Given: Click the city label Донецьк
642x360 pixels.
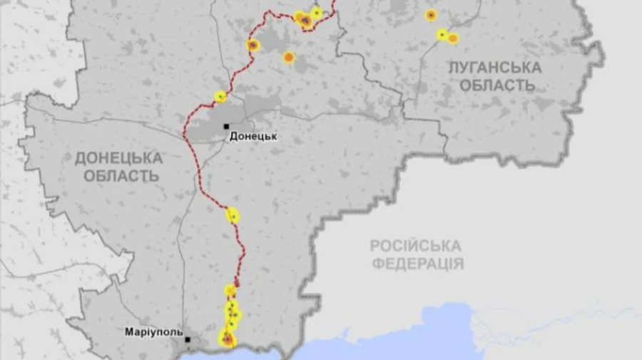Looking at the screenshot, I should click(x=253, y=136).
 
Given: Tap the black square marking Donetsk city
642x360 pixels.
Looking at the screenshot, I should click(x=227, y=126).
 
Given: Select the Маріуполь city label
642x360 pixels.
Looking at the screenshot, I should click(x=153, y=332).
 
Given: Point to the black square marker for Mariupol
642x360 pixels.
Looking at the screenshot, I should click(x=188, y=340).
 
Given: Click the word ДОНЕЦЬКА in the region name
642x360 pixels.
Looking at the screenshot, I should click(x=119, y=158).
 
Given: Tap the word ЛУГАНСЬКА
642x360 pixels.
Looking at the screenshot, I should click(x=494, y=68).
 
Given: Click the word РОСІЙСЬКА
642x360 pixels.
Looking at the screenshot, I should click(x=415, y=246).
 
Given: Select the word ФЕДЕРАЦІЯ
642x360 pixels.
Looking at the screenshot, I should click(x=418, y=264).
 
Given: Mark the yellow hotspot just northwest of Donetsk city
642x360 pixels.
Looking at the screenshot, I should click(x=220, y=96).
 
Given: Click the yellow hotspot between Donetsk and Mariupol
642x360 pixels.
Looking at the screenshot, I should click(x=233, y=215).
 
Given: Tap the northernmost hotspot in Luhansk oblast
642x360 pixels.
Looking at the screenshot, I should click(x=431, y=15).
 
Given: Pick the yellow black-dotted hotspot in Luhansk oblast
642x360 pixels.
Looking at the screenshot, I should click(x=442, y=34).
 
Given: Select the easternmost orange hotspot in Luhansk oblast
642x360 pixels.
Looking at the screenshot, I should click(x=453, y=38).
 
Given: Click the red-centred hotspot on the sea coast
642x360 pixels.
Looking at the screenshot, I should click(x=227, y=340).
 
